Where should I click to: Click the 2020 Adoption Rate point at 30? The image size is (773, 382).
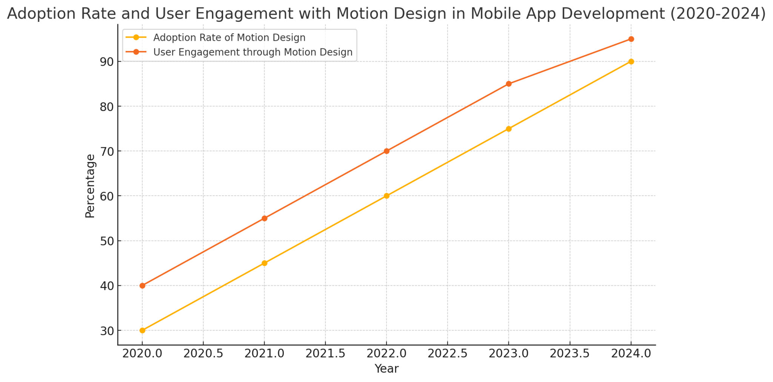[x=142, y=330]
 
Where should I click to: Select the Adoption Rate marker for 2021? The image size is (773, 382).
[x=265, y=263]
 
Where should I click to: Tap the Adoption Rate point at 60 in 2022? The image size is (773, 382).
[x=386, y=196]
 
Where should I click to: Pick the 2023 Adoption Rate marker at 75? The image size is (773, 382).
[x=509, y=129]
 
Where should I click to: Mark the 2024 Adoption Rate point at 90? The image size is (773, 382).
[x=631, y=62]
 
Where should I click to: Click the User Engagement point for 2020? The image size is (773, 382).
[x=142, y=286]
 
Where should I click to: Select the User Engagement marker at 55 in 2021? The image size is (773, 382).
[x=265, y=218]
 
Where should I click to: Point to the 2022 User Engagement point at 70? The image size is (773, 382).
[x=386, y=151]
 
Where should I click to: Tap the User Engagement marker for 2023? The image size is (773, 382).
[x=509, y=84]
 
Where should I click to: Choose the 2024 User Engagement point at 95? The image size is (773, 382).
[x=631, y=39]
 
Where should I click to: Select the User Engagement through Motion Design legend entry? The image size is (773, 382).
[x=253, y=52]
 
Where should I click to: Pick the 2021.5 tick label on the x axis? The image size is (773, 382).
[x=325, y=354]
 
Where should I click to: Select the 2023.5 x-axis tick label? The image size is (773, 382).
[x=570, y=354]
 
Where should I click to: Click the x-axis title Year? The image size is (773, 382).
[x=386, y=369]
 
